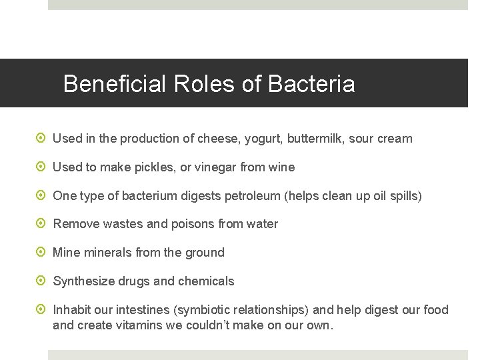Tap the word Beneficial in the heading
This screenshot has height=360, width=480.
pyautogui.click(x=115, y=84)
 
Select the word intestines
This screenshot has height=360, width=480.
pyautogui.click(x=143, y=310)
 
